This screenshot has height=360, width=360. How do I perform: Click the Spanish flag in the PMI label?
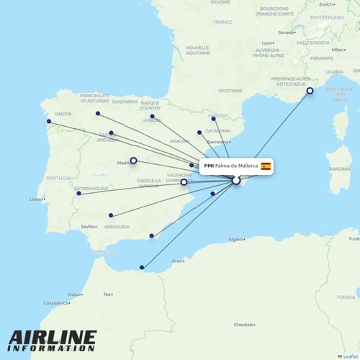(266, 166)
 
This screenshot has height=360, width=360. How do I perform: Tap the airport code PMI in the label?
(209, 166)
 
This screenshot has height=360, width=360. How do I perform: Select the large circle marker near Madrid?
(133, 161)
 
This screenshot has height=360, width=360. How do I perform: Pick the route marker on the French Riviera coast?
(310, 91)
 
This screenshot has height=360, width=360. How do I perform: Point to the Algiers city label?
(238, 238)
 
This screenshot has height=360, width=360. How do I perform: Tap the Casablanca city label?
(55, 303)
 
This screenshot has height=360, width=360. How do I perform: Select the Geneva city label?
(287, 32)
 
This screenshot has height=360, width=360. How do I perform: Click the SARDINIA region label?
(338, 169)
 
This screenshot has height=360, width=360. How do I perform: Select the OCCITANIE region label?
(230, 91)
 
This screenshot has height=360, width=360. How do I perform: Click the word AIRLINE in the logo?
(52, 338)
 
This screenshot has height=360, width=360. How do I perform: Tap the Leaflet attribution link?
(349, 356)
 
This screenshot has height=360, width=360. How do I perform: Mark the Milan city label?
(336, 50)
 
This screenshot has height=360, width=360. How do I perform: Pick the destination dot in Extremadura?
(78, 193)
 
